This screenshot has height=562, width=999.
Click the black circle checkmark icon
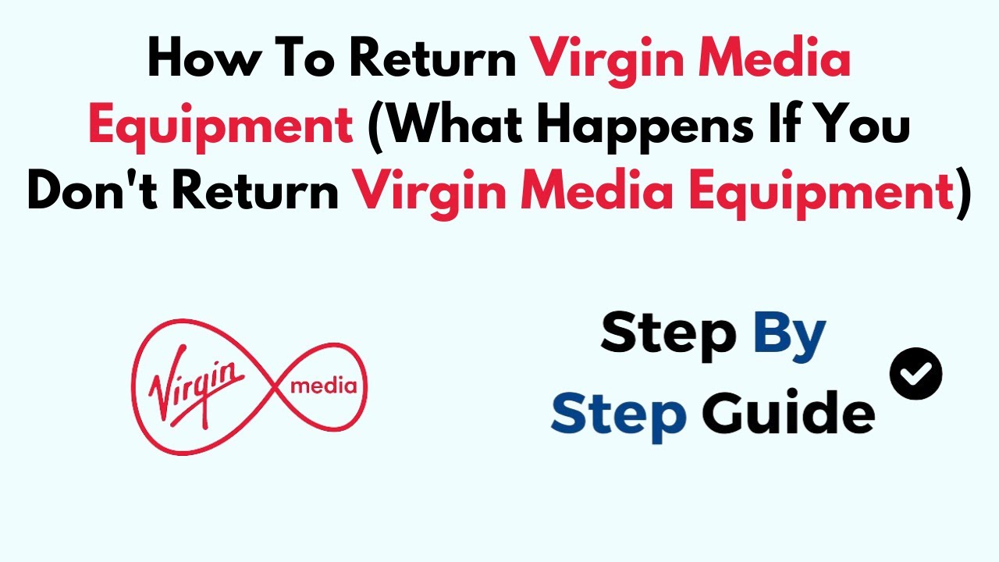point(915,374)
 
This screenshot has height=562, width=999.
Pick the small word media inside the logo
point(323,386)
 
